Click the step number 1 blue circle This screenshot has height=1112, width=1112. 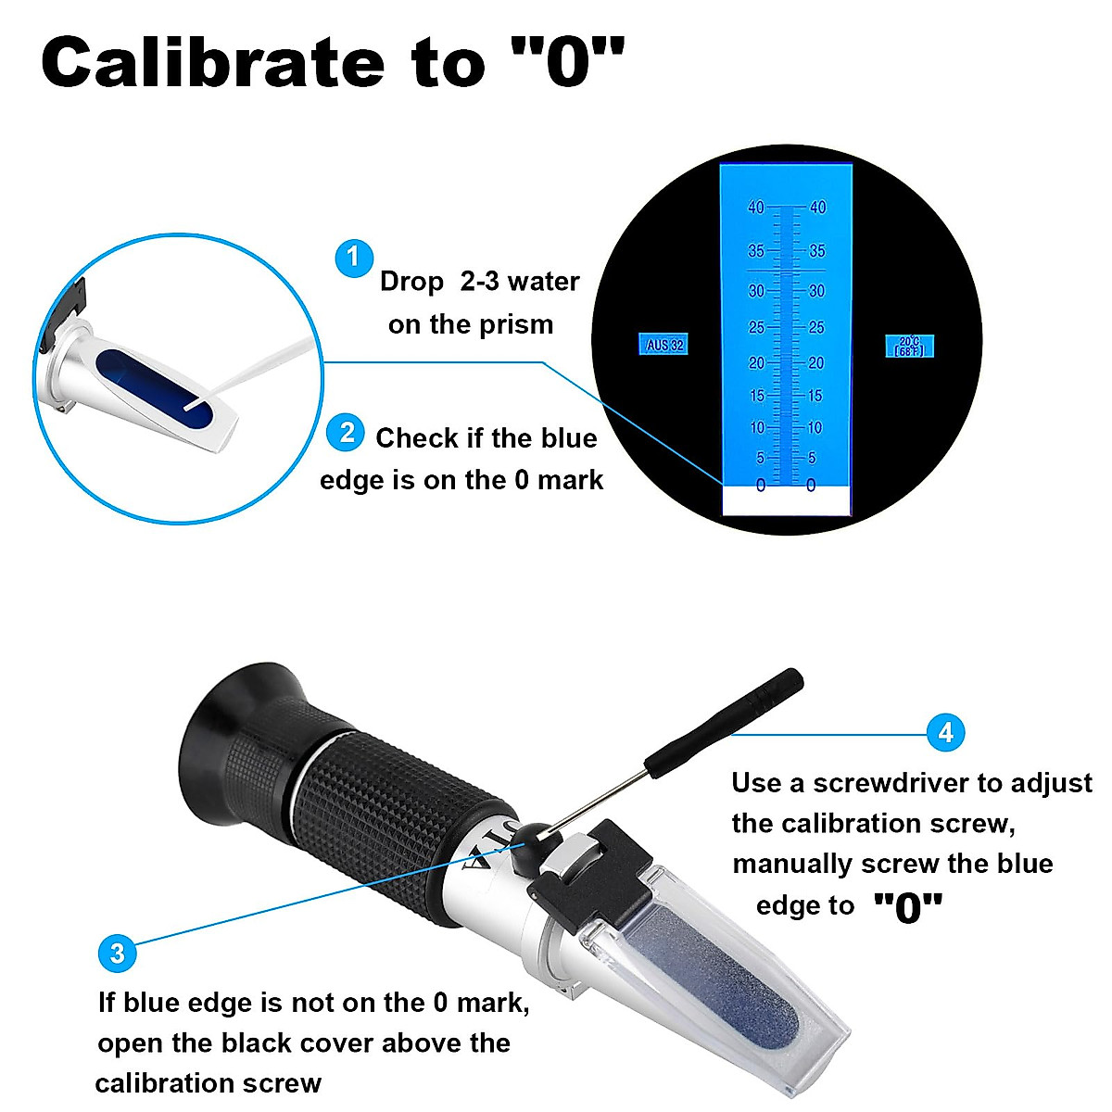click(353, 258)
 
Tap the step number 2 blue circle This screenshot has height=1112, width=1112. click(347, 433)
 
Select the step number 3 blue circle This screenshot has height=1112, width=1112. click(117, 954)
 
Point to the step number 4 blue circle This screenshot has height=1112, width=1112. click(945, 733)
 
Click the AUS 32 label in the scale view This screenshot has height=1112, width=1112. click(664, 345)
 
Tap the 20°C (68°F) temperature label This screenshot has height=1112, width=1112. click(909, 347)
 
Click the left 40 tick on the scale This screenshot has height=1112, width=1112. click(757, 208)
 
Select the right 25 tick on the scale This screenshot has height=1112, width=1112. click(815, 328)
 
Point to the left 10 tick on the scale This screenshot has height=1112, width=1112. click(758, 428)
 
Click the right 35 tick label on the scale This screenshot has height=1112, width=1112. click(816, 251)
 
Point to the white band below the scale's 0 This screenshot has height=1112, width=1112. click(786, 502)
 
